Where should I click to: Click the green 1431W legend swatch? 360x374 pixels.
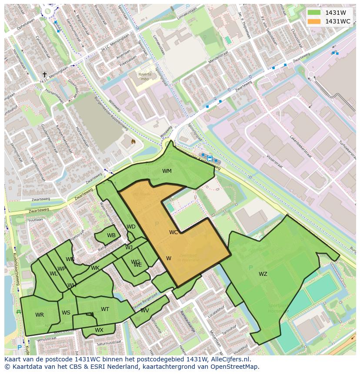[x=313, y=13]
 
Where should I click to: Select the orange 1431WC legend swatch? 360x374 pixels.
[x=313, y=21]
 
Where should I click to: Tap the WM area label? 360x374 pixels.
[x=167, y=171]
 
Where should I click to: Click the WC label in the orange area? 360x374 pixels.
[x=173, y=232]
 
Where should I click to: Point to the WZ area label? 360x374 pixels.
[x=263, y=274]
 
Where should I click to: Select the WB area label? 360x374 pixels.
[x=111, y=235]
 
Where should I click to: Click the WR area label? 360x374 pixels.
[x=40, y=315]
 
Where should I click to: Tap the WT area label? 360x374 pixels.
[x=105, y=309]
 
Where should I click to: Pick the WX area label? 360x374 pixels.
[x=99, y=330]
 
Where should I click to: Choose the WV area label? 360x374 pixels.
[x=145, y=311]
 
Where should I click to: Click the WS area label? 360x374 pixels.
[x=66, y=313]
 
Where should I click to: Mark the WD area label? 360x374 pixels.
[x=131, y=227]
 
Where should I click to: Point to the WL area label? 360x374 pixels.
[x=53, y=274]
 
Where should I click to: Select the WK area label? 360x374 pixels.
[x=95, y=268]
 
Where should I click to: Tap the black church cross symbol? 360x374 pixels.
[x=44, y=75]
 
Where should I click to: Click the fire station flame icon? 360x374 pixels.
[x=133, y=141]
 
